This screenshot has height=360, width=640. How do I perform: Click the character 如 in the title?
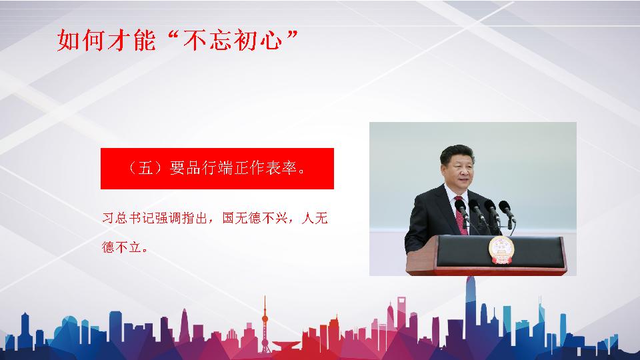coord(68,41)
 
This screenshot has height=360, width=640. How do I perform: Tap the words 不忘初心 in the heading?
coord(233,41)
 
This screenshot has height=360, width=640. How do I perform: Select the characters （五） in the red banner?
coord(146,168)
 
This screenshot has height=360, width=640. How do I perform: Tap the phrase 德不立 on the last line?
coord(121,247)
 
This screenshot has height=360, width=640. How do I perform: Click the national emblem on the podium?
coord(501,250)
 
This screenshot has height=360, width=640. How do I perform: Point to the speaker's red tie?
coord(461,216)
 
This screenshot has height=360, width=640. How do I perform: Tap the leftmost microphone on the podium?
coord(461,209)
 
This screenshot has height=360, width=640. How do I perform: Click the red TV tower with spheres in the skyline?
coord(265,325)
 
